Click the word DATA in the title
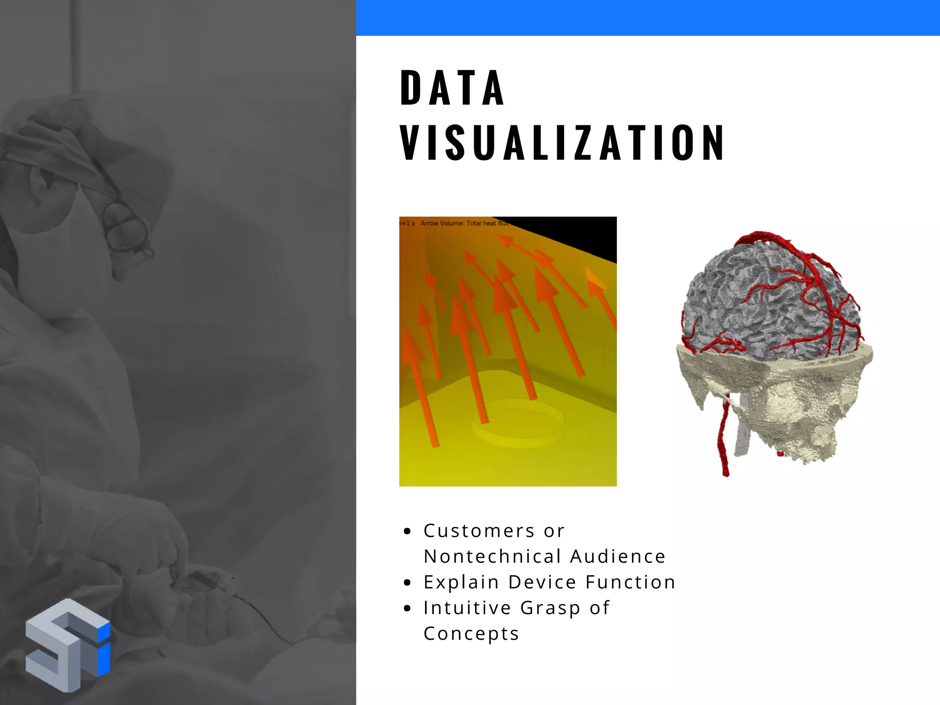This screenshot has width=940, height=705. (x=452, y=88)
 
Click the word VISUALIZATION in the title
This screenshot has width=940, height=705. (x=562, y=143)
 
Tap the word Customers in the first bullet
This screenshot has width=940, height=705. (x=479, y=531)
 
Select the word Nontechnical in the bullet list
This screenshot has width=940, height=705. (x=492, y=556)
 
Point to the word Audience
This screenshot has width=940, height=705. (x=618, y=556)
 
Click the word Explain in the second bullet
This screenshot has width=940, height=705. (x=461, y=582)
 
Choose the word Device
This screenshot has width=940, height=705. (x=542, y=582)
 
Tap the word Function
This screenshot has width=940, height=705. (x=630, y=582)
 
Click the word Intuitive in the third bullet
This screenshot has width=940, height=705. (x=467, y=608)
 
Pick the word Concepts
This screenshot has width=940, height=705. (x=471, y=634)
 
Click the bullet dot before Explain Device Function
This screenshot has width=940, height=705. (x=407, y=583)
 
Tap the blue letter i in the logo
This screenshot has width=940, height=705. (x=104, y=649)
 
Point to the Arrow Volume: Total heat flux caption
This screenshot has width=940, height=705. (x=464, y=224)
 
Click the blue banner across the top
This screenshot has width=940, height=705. (x=647, y=17)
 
